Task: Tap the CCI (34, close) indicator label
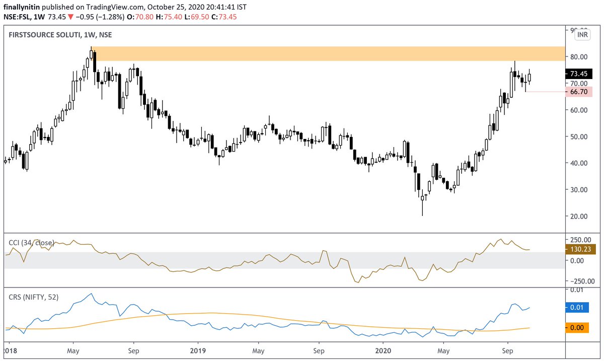click(30, 243)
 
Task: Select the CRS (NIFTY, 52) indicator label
click(34, 297)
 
